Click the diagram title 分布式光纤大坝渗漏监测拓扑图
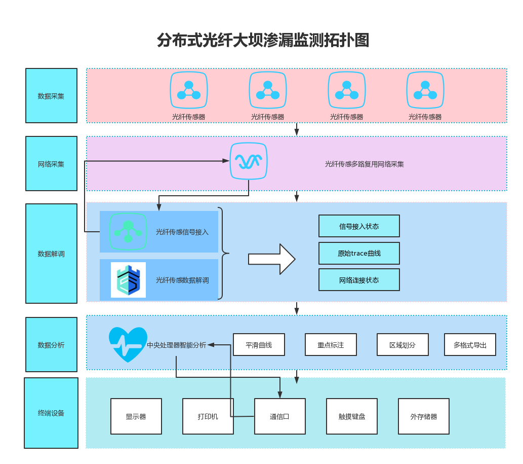click(263, 41)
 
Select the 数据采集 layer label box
click(51, 96)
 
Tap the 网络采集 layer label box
click(51, 164)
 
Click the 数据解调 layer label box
click(51, 254)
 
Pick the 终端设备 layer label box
click(51, 413)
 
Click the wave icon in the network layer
click(249, 161)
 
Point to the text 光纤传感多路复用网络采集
click(364, 164)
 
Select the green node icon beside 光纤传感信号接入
click(128, 232)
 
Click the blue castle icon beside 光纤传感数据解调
click(129, 280)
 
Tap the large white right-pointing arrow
click(271, 259)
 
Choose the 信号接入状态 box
click(359, 226)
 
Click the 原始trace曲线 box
click(359, 253)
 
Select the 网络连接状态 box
click(359, 280)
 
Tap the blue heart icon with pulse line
click(128, 344)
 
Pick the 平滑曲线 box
click(259, 345)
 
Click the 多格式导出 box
click(470, 345)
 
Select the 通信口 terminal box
click(280, 416)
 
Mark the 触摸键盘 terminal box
click(352, 416)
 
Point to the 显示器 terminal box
click(136, 416)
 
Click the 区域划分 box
click(403, 345)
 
